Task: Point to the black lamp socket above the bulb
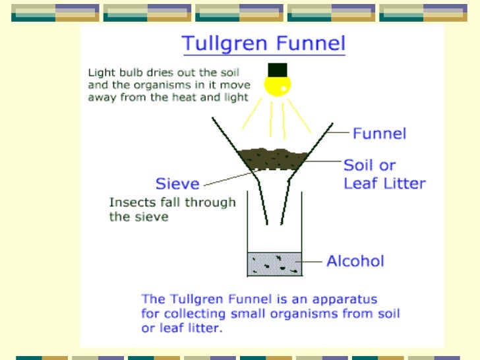(x=277, y=69)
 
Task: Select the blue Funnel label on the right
(x=379, y=134)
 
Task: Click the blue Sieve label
(x=177, y=183)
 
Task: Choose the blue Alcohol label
(x=355, y=261)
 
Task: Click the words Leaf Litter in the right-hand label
(x=385, y=183)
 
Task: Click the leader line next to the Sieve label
(x=227, y=177)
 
